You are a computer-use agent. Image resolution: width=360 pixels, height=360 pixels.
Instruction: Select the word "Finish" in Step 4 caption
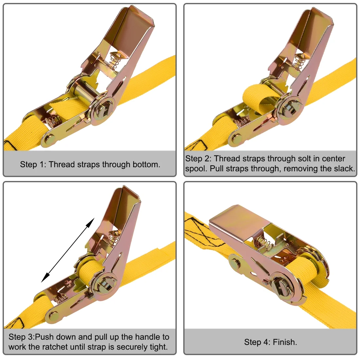(x=284, y=342)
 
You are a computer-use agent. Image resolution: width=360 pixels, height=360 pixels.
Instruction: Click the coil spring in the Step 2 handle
(x=299, y=61)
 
